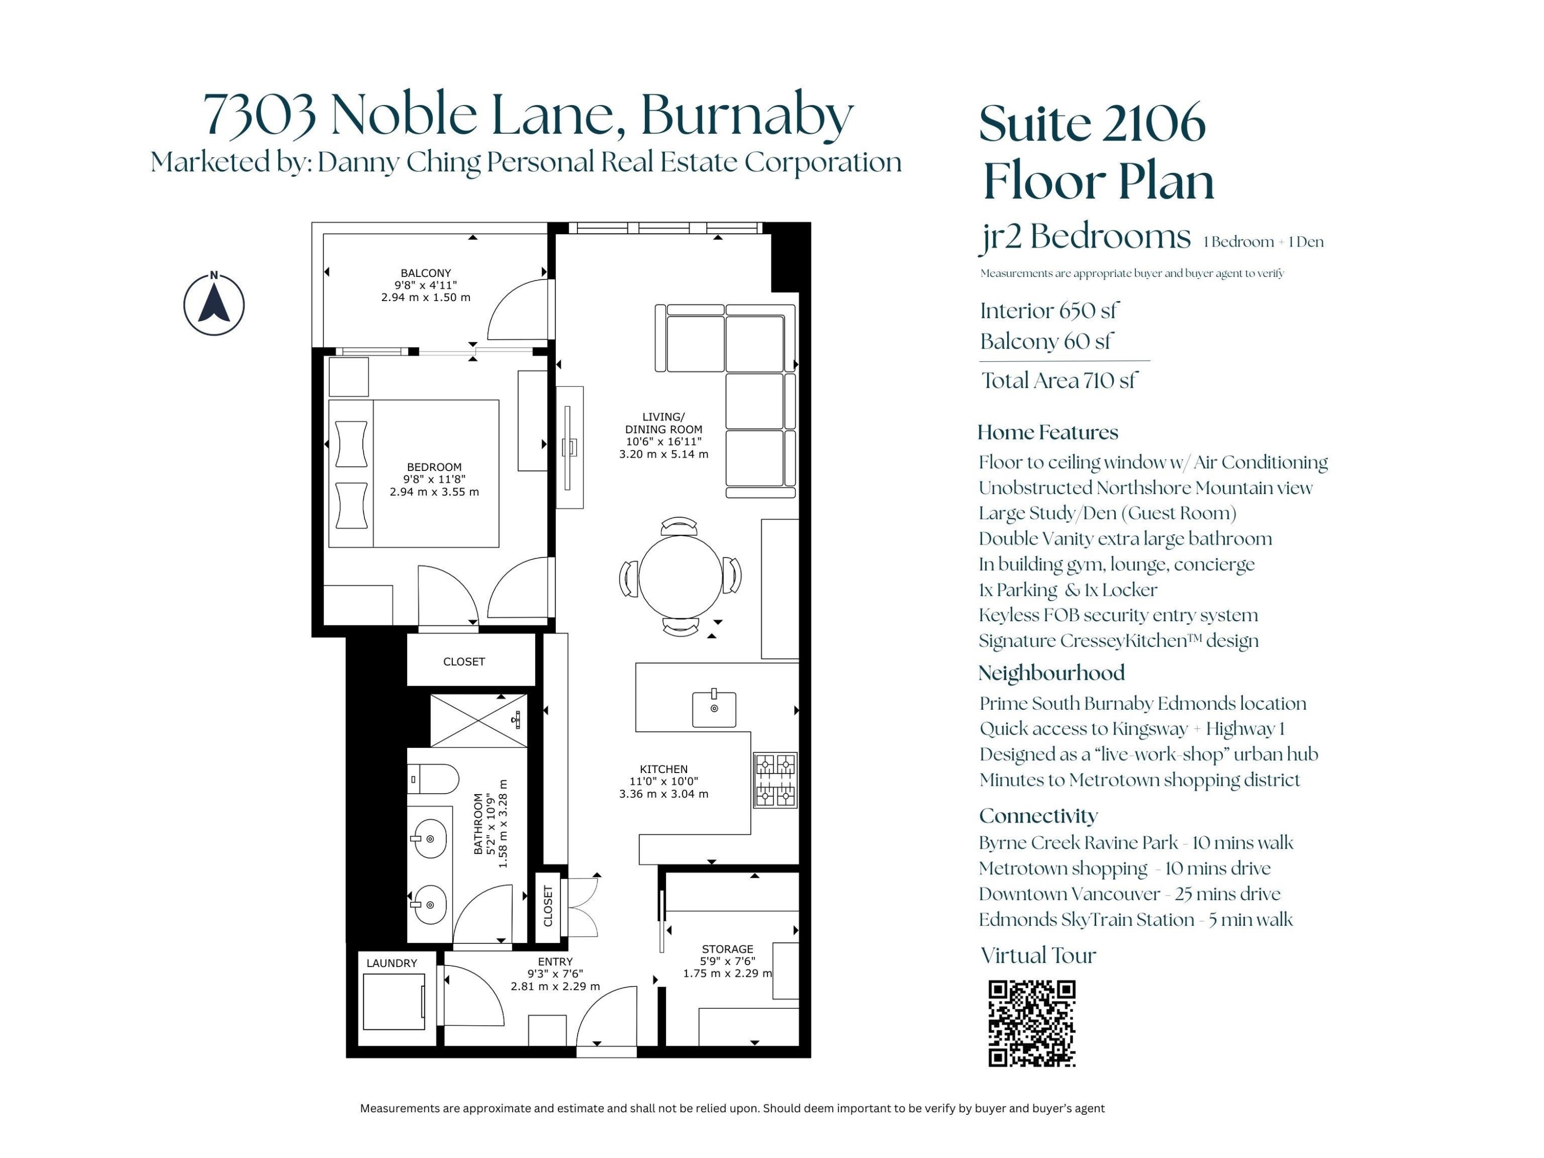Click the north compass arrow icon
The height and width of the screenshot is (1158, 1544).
pos(214,304)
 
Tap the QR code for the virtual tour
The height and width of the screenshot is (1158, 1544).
pos(1032,1023)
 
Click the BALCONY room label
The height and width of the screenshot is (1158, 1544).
pos(426,273)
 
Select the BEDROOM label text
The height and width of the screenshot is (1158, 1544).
pos(434,467)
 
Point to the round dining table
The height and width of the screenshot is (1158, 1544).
pos(680,576)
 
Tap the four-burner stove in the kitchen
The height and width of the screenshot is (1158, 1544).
pos(776,780)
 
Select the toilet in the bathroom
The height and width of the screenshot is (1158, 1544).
pos(433,779)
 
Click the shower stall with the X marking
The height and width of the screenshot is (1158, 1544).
pos(479,721)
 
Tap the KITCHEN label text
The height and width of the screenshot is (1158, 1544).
pos(664,769)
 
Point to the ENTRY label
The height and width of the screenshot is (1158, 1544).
pos(556,962)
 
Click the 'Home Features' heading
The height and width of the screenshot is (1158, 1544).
pos(1048,432)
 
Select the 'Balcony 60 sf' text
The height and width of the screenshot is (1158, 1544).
pos(1046,341)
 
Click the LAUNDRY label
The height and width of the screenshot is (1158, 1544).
pos(392,963)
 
